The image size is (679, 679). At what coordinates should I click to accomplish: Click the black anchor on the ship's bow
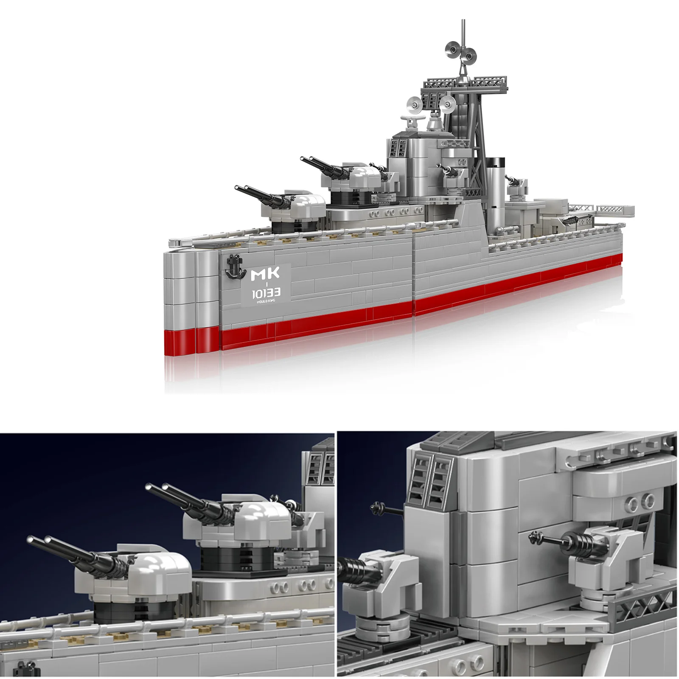[233, 266]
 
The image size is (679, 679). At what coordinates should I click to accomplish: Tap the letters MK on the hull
[265, 275]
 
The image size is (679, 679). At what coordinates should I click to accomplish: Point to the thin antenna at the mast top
[463, 30]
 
